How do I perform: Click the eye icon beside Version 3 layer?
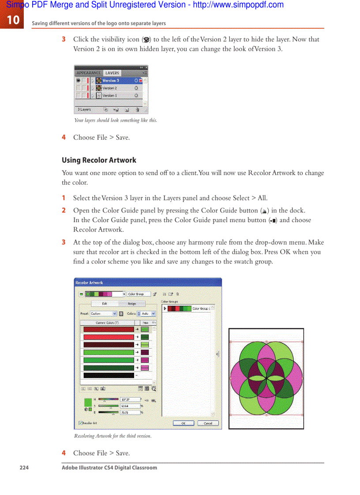point(78,81)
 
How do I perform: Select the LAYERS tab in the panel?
point(112,73)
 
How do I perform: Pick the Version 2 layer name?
point(110,88)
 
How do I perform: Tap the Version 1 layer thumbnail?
point(99,96)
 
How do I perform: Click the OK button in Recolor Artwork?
point(184,423)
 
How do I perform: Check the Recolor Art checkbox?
point(80,423)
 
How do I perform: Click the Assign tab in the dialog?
point(132,304)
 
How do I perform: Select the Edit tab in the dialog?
point(105,304)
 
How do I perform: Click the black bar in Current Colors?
point(109,376)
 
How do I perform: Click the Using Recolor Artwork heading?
point(99,160)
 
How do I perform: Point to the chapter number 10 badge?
point(12,20)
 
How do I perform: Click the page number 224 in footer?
point(24,468)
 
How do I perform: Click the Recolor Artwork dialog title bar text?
point(89,283)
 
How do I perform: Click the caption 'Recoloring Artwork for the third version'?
point(112,436)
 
